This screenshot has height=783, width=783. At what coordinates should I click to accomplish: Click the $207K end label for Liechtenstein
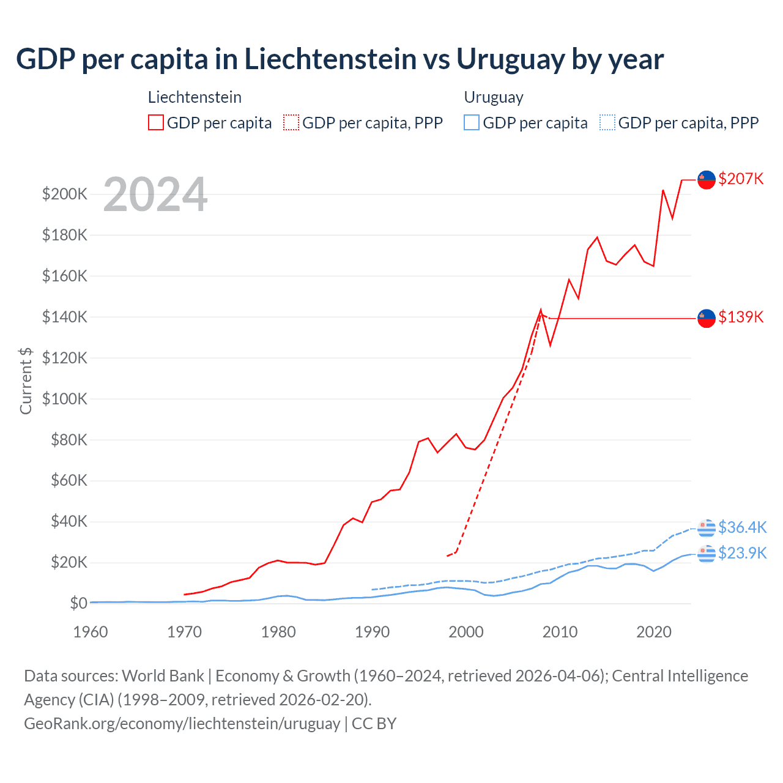tap(741, 179)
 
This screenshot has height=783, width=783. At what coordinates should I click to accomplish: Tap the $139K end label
tap(741, 317)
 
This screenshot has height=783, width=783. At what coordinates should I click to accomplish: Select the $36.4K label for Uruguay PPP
tap(742, 527)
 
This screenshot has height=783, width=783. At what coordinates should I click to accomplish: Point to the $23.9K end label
tap(742, 553)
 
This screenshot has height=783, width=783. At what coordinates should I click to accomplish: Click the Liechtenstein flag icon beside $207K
tap(707, 180)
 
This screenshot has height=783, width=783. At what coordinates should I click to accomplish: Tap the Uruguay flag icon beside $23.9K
tap(707, 554)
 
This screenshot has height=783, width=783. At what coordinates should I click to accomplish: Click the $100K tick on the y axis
tap(64, 399)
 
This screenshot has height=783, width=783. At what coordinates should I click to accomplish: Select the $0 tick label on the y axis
tap(78, 603)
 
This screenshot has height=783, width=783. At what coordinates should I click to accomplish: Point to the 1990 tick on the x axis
tap(372, 632)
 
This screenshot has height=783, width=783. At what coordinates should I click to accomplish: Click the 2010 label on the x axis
tap(560, 632)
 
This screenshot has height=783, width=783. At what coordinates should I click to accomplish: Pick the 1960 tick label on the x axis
tap(91, 632)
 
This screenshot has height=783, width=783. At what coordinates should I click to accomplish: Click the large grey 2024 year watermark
tap(155, 195)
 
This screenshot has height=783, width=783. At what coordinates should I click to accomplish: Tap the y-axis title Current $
tap(26, 380)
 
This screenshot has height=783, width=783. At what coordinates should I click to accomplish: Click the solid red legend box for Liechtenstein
tap(156, 123)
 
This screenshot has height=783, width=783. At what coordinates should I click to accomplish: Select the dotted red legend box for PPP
tap(291, 123)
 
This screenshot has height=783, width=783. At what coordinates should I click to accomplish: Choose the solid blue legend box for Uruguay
tap(472, 123)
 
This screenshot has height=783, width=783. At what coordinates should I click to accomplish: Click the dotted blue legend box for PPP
tap(607, 123)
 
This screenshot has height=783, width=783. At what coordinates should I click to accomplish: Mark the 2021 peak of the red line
tap(663, 190)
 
